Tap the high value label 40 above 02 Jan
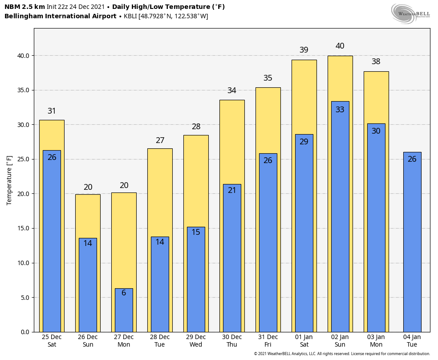340,46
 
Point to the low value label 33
340,110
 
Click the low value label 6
124,293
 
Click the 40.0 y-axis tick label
24,56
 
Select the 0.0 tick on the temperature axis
25,332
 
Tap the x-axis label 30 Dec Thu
232,341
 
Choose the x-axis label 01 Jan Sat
304,341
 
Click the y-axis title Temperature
9,180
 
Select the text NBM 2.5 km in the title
24,7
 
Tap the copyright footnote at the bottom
342,354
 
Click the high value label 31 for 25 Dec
52,111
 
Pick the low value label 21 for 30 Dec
232,190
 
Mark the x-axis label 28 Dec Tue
160,341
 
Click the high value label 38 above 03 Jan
376,61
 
